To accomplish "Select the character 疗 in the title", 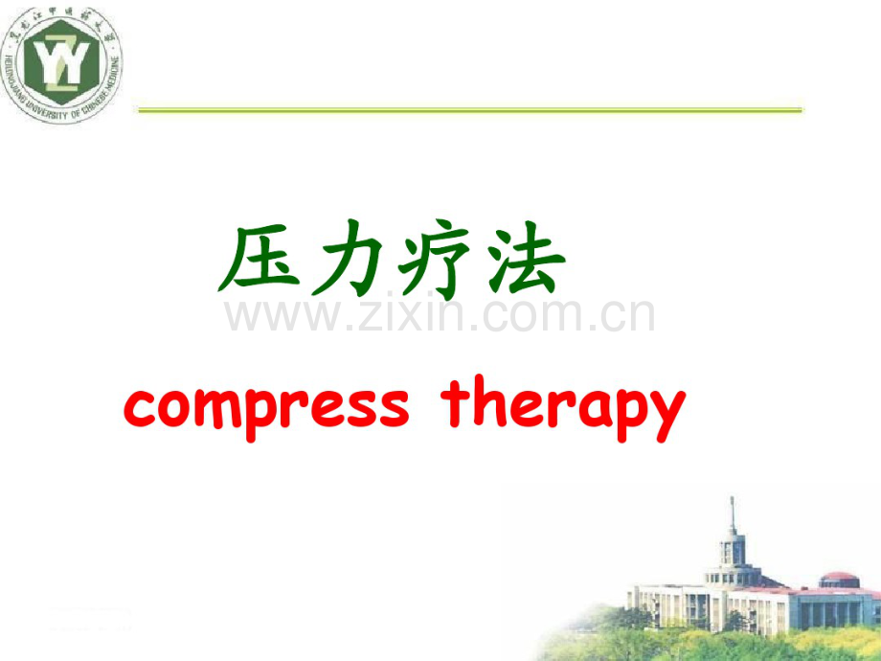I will point(437,260).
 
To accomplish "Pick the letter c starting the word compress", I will point(140,408).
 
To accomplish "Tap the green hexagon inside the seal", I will point(61,63).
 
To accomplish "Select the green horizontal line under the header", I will point(469,110).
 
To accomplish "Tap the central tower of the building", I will point(734,556).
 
